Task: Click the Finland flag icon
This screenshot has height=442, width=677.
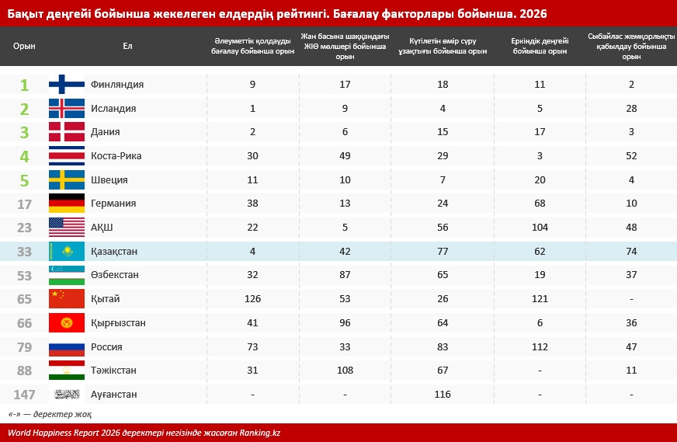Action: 67,84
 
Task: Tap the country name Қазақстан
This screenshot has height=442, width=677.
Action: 115,251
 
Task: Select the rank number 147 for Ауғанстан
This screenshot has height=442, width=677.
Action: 24,395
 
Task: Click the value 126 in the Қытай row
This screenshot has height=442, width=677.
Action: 253,299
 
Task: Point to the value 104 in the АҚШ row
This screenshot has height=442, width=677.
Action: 540,228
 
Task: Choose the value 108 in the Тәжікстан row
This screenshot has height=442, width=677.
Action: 345,371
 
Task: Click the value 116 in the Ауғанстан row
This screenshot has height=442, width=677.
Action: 443,395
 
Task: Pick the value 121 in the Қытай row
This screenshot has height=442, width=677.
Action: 540,299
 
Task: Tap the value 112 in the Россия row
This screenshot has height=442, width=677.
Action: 540,347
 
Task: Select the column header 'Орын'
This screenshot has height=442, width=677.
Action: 24,46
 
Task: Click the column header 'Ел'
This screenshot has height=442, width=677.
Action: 127,46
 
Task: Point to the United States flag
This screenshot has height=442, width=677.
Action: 67,228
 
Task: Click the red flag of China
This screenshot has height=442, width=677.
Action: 67,299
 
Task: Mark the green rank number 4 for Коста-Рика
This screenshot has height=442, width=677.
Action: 24,156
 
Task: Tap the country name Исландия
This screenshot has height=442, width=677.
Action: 113,108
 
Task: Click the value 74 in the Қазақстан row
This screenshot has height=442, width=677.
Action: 631,252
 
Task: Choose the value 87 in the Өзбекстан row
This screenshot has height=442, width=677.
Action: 345,275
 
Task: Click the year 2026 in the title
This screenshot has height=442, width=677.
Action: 527,12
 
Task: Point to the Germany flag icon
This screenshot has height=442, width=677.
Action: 67,204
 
